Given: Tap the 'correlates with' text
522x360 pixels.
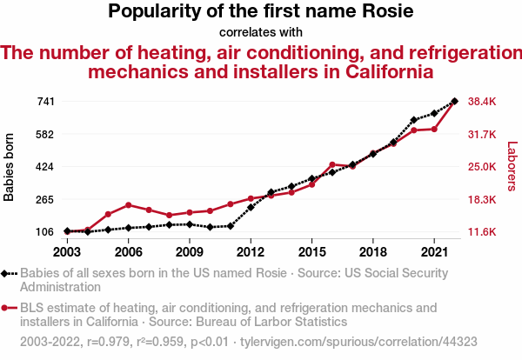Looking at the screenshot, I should [x=261, y=33].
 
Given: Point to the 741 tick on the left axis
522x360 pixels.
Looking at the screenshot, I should [x=46, y=102].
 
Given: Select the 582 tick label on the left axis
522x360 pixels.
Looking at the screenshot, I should [x=46, y=134].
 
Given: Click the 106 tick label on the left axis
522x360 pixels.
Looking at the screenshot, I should [x=46, y=232].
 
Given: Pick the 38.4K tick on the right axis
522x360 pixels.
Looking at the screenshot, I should [x=481, y=102].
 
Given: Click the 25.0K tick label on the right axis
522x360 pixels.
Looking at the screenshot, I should [x=481, y=167].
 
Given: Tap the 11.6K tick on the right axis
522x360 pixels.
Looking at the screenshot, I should [x=481, y=232].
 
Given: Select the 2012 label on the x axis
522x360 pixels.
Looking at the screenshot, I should [x=251, y=252].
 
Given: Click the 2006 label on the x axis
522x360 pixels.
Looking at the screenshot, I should [x=128, y=252].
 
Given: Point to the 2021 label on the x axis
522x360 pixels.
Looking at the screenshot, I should [x=434, y=252].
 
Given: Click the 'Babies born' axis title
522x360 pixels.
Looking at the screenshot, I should [x=10, y=167].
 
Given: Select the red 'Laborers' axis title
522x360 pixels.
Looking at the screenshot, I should [x=512, y=167].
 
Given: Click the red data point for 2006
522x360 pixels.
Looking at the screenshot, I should [x=128, y=205].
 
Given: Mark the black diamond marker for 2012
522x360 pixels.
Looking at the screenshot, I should [x=251, y=207].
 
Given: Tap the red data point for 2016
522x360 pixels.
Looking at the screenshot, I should [x=332, y=164].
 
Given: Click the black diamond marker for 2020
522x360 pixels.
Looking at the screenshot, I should [x=414, y=119].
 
